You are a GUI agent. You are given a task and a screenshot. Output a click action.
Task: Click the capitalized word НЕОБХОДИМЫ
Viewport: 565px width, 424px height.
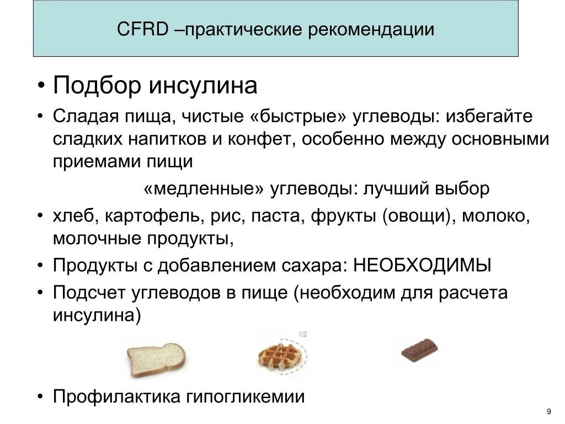tap(422, 266)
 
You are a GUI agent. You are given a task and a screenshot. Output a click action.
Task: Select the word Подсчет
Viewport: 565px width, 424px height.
tap(90, 293)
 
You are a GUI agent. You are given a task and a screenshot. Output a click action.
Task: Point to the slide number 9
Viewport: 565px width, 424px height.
tap(548, 411)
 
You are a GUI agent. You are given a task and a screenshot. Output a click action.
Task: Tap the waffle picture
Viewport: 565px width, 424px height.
tap(281, 358)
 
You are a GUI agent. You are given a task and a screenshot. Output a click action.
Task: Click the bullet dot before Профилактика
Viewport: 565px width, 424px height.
tap(41, 396)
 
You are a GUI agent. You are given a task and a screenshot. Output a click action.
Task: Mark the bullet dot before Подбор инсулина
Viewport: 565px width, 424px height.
tap(41, 86)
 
